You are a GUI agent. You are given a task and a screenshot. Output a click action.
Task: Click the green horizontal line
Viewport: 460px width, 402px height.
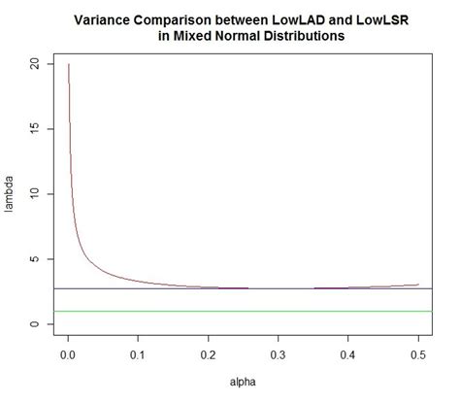(x=243, y=311)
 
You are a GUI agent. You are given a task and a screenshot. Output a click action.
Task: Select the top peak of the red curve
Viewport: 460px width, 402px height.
(x=69, y=65)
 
